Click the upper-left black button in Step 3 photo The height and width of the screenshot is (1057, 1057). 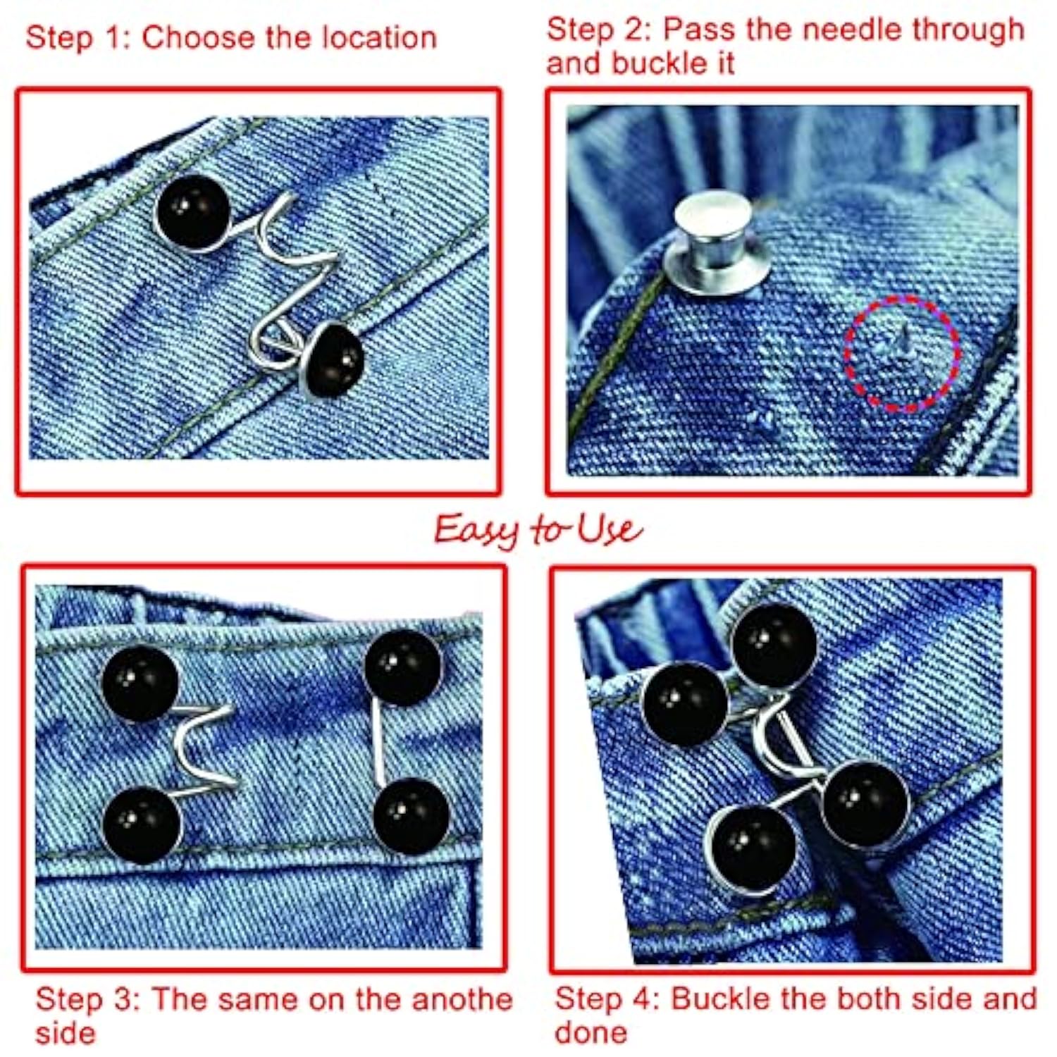[140, 683]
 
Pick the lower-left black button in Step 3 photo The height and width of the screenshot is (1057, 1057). [142, 825]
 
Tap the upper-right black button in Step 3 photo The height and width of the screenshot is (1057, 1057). [403, 667]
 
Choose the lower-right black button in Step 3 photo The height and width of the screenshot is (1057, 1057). [410, 815]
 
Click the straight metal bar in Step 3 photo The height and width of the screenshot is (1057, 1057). [381, 741]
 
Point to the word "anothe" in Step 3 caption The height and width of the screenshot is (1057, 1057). [461, 999]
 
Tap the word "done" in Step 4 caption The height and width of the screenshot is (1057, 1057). [591, 1032]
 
